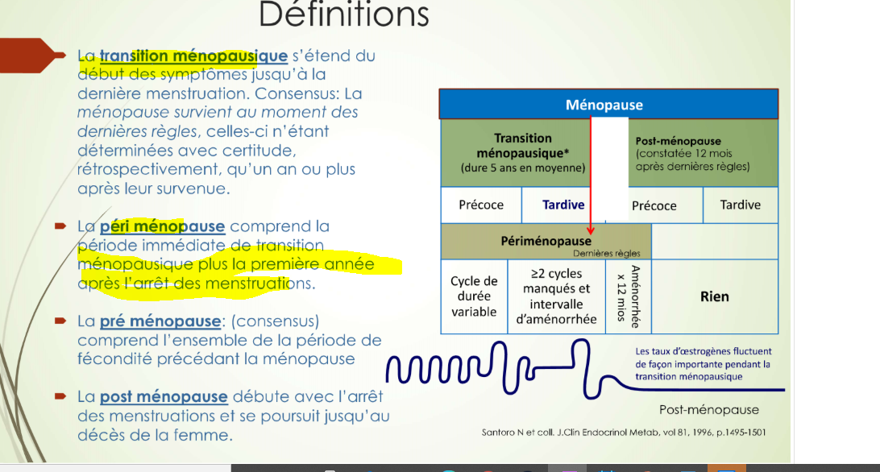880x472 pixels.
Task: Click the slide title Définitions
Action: tap(343, 14)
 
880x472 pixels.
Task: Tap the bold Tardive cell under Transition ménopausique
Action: tap(563, 205)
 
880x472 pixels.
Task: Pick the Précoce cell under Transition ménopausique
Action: tap(481, 205)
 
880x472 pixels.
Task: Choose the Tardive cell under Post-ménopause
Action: tap(740, 205)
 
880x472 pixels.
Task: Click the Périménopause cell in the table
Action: tap(546, 241)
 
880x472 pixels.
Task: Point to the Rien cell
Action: tap(714, 296)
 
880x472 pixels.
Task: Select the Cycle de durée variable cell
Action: tap(474, 296)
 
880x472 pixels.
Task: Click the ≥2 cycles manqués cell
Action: tap(556, 296)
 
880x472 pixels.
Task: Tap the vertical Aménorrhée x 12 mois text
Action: tap(628, 296)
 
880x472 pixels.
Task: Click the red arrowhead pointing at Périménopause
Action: tap(591, 231)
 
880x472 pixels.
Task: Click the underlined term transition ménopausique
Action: tap(193, 56)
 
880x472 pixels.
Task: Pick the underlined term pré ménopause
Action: tap(160, 321)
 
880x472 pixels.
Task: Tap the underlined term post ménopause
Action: tap(164, 397)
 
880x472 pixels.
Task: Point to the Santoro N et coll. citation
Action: tap(624, 433)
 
